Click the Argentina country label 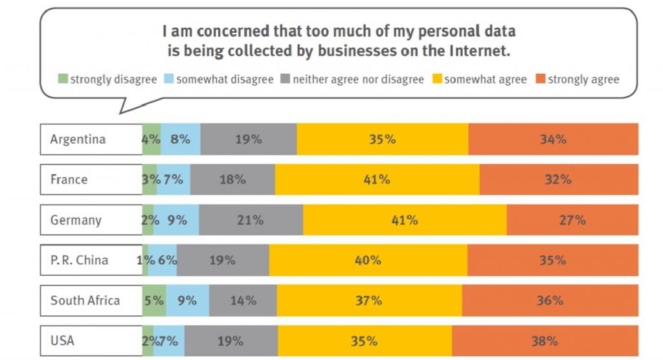click(x=78, y=139)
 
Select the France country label click(x=69, y=179)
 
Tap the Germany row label click(x=76, y=220)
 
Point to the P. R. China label click(x=79, y=260)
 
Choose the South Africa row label click(x=85, y=300)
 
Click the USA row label click(x=62, y=341)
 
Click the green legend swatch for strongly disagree click(x=63, y=80)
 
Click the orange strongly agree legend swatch click(x=540, y=80)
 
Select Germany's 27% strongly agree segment click(x=572, y=220)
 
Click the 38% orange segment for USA click(x=545, y=341)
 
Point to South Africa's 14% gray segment click(x=243, y=300)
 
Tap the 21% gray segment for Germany click(x=251, y=220)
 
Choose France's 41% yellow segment click(x=377, y=179)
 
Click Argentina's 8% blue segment click(x=180, y=139)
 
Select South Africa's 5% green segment click(x=154, y=300)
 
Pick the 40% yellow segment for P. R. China click(x=368, y=260)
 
